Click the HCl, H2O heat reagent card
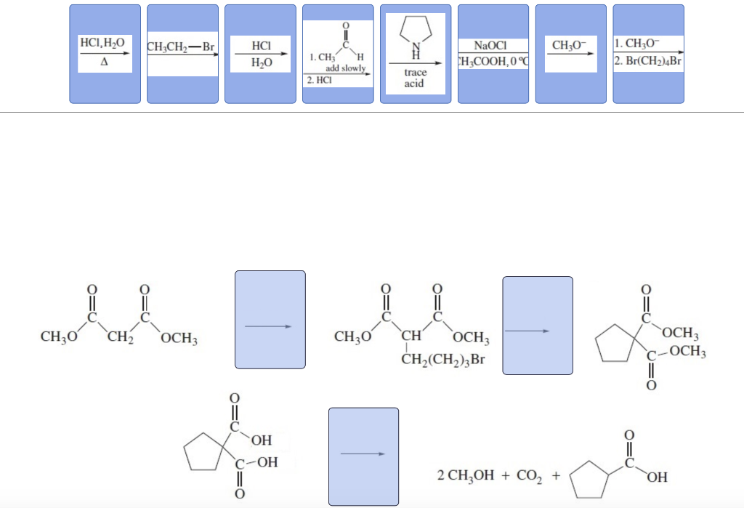[x=105, y=53]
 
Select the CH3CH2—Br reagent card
[x=182, y=53]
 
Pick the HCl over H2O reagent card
[x=260, y=55]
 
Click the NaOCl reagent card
[x=493, y=54]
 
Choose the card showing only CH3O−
[x=571, y=53]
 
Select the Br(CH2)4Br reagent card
[x=649, y=53]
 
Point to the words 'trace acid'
[x=416, y=78]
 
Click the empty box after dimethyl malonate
[x=270, y=320]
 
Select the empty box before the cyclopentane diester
[x=538, y=325]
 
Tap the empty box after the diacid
[x=363, y=456]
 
